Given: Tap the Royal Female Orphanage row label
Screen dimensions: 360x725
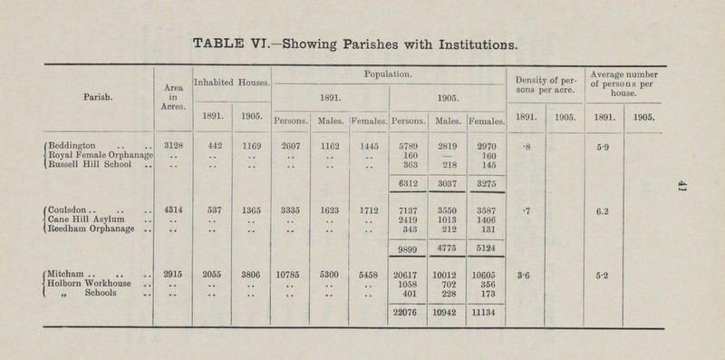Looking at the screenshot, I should click(x=94, y=154).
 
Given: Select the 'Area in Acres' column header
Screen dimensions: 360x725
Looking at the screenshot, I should click(x=169, y=93).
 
